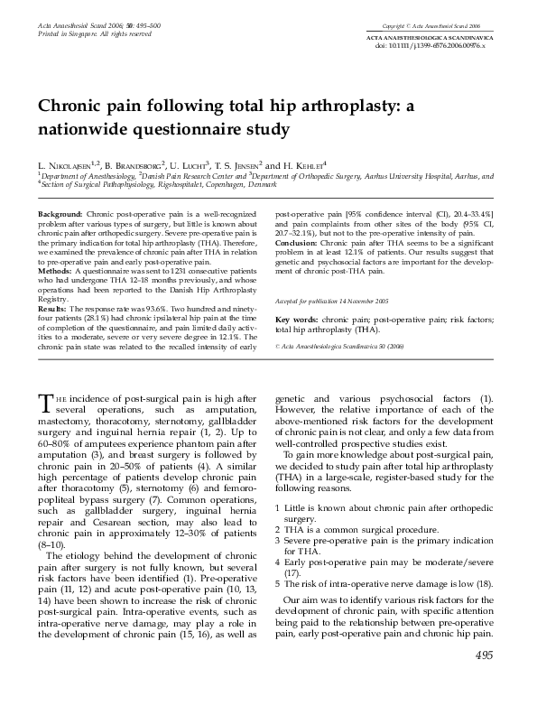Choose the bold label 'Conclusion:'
click(299, 242)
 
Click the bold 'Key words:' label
click(296, 295)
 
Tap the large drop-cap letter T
click(46, 404)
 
